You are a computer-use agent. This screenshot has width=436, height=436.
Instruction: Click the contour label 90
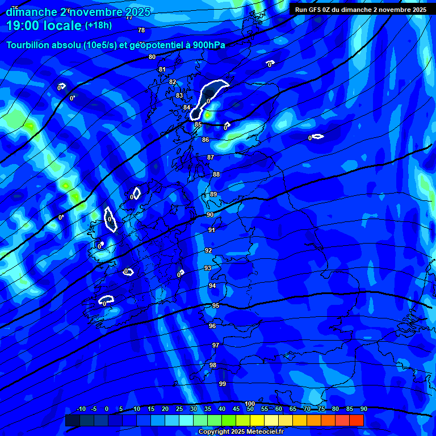(210, 215)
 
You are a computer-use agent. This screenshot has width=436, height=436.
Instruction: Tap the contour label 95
(216, 305)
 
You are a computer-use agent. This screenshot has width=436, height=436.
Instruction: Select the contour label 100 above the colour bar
(250, 404)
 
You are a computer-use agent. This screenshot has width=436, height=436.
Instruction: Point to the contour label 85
(198, 124)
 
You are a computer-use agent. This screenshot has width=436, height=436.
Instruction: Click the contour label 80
(152, 57)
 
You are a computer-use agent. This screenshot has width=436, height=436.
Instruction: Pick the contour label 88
(216, 174)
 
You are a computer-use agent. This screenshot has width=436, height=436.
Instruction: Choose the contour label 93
(208, 268)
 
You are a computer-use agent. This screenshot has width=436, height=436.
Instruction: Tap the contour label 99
(223, 384)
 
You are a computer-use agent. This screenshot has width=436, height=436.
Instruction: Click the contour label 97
(216, 345)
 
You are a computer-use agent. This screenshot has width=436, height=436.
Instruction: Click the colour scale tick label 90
(363, 409)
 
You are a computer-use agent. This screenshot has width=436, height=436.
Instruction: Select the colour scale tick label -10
(81, 409)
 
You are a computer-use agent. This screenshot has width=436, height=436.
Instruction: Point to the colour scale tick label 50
(250, 409)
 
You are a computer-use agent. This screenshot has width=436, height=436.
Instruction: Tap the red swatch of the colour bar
(357, 420)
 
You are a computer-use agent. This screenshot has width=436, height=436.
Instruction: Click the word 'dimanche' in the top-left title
(31, 12)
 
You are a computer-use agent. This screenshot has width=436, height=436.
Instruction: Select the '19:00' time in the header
(26, 25)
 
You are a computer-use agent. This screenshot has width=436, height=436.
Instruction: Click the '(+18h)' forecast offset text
(98, 25)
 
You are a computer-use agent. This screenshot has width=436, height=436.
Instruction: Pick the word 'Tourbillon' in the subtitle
(28, 45)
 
